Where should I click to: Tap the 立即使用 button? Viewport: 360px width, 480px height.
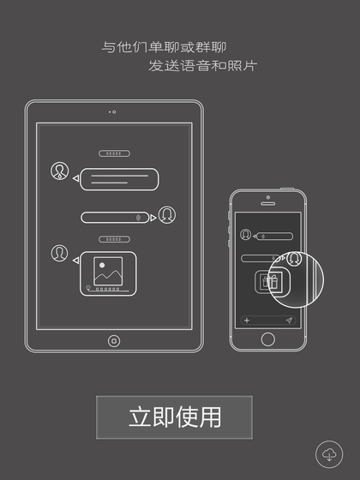(174, 417)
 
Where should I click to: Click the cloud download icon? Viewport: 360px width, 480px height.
(329, 454)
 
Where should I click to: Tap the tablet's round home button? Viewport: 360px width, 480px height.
(114, 341)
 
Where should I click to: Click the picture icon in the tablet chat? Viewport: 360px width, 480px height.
(108, 271)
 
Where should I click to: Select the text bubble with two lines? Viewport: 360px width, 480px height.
(119, 179)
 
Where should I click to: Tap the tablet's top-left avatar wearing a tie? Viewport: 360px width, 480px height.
(59, 171)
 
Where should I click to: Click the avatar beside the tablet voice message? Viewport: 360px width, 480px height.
(167, 215)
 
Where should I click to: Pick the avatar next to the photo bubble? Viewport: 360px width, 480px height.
(59, 253)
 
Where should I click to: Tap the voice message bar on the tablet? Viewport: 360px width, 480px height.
(115, 218)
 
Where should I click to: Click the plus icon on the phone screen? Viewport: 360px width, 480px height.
(247, 321)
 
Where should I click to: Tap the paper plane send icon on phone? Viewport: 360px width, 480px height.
(289, 321)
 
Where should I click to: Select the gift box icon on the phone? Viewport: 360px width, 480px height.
(269, 282)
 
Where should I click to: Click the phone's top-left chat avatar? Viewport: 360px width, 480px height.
(245, 235)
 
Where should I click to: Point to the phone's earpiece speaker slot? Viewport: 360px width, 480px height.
(267, 204)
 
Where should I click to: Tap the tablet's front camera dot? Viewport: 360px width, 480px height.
(114, 112)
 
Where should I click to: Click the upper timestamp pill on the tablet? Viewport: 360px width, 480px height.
(114, 153)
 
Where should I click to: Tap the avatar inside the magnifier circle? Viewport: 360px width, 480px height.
(294, 259)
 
